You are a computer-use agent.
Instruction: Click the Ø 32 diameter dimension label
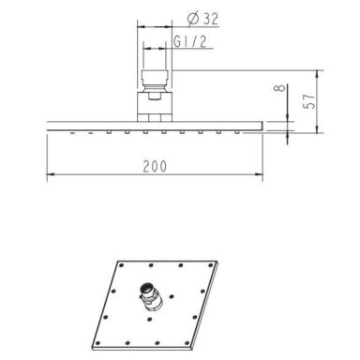pyautogui.click(x=202, y=19)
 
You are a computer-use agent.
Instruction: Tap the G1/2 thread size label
pyautogui.click(x=190, y=41)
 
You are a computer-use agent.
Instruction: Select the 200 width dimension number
pyautogui.click(x=155, y=166)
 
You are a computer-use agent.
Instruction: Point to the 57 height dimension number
pyautogui.click(x=309, y=100)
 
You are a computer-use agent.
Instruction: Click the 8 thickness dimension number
pyautogui.click(x=280, y=88)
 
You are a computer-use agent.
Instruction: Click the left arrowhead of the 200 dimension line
pyautogui.click(x=51, y=174)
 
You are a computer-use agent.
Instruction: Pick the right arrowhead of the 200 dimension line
pyautogui.click(x=259, y=174)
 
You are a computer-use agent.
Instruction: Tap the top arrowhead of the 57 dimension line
pyautogui.click(x=317, y=74)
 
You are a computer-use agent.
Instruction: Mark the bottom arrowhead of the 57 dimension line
pyautogui.click(x=317, y=129)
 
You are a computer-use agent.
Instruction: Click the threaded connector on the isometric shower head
pyautogui.click(x=151, y=296)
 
